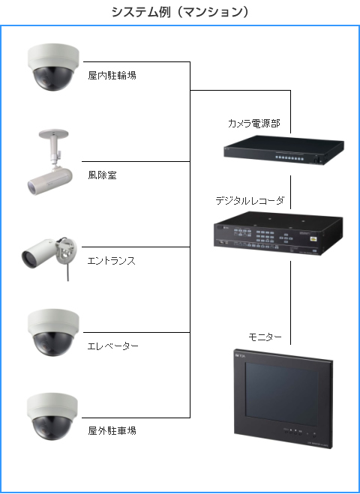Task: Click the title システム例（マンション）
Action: click(180, 12)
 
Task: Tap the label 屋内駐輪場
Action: click(112, 76)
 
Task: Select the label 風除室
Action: click(103, 175)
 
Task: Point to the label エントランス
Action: click(112, 261)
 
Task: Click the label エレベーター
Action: click(112, 346)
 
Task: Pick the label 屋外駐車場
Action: click(112, 431)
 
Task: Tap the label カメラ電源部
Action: click(254, 124)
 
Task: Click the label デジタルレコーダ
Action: click(250, 201)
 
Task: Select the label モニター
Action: click(265, 337)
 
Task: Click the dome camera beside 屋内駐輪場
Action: click(53, 67)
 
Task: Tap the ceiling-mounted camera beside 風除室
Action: click(50, 162)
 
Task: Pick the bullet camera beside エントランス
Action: click(49, 256)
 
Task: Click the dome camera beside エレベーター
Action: click(53, 332)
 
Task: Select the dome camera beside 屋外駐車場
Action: click(52, 417)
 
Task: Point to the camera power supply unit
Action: click(283, 150)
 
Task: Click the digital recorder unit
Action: click(278, 233)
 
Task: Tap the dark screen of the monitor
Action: click(282, 394)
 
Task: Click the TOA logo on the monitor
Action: click(240, 355)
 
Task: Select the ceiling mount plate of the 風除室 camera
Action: click(53, 133)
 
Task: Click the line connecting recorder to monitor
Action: click(290, 303)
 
